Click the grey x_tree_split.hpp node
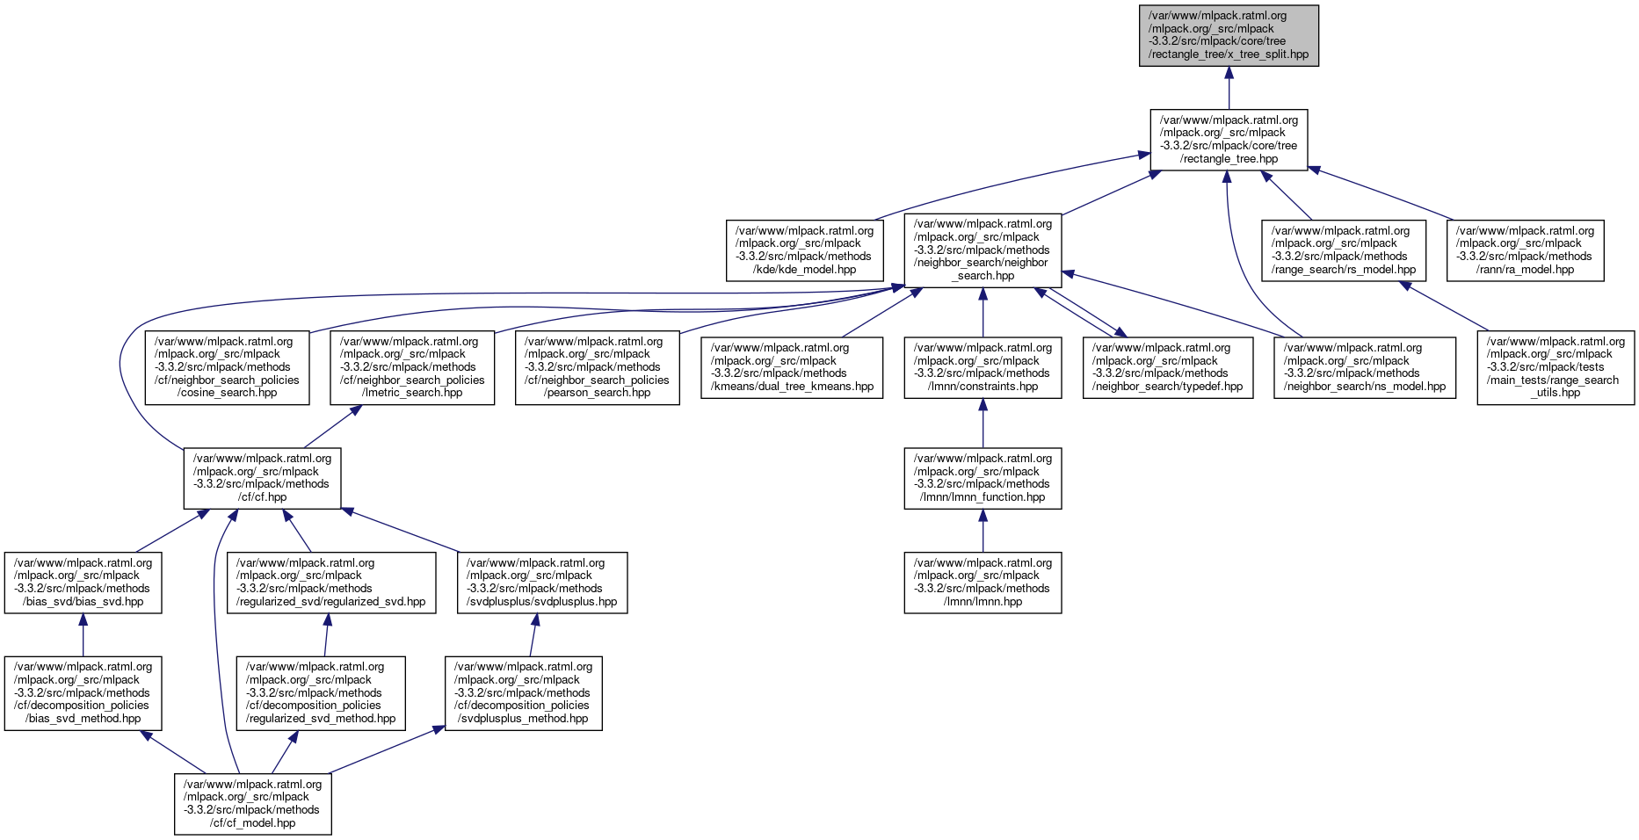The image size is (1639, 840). (1229, 35)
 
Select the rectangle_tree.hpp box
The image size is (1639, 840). (1229, 140)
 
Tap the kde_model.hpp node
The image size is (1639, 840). (804, 250)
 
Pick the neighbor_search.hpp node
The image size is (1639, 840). (983, 250)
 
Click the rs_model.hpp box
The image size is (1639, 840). (1343, 250)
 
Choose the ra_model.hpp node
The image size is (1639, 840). (1525, 250)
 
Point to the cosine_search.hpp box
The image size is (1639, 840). (228, 367)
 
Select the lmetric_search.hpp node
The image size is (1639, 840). (412, 367)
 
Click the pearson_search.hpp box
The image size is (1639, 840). (597, 367)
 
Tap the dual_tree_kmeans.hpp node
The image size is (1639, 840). (792, 367)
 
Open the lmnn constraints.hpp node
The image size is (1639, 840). (983, 367)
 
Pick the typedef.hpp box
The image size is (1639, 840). (1167, 367)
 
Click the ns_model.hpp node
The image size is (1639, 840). (1365, 367)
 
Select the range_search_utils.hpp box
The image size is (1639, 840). (1556, 367)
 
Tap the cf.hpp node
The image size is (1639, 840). (262, 478)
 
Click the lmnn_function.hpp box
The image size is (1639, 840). (983, 478)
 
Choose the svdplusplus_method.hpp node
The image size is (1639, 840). (523, 693)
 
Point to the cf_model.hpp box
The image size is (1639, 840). (253, 804)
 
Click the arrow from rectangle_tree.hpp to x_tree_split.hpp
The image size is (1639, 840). (1229, 88)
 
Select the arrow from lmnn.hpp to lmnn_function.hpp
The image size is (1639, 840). (983, 531)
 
